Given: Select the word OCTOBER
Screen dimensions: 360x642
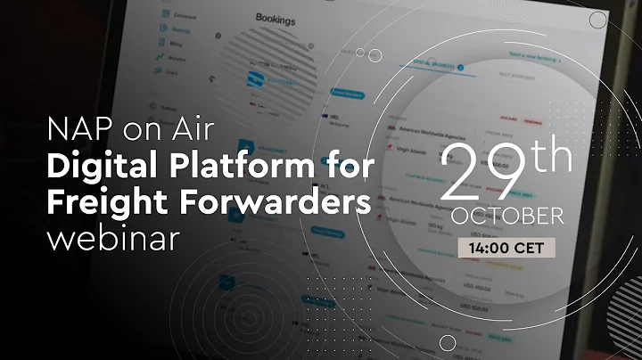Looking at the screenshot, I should pos(506,217).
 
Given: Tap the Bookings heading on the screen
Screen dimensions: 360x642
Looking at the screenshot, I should pos(276,17).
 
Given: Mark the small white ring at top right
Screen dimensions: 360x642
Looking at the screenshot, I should pos(597,20).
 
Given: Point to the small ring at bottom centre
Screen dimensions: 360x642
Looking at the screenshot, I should pos(448,342).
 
